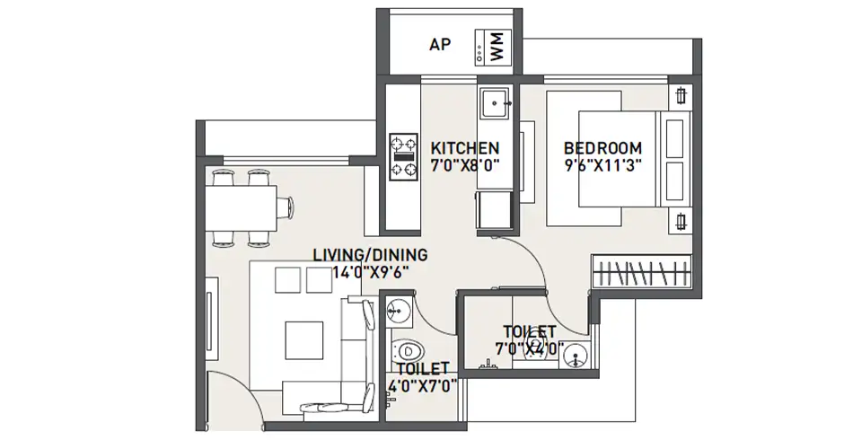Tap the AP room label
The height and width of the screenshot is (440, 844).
(440, 43)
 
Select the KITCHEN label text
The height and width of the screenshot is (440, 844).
(464, 147)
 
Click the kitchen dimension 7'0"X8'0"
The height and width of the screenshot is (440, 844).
(464, 164)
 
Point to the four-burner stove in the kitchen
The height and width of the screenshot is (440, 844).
(403, 156)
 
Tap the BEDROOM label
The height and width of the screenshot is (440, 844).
(602, 147)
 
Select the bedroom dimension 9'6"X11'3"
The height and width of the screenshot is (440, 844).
(602, 164)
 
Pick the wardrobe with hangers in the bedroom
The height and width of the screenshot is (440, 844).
(642, 272)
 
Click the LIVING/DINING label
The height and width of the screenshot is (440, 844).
(370, 254)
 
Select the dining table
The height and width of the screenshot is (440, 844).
(247, 207)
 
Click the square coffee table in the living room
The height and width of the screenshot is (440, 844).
(305, 339)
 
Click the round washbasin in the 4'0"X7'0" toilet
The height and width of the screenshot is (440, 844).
(398, 310)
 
